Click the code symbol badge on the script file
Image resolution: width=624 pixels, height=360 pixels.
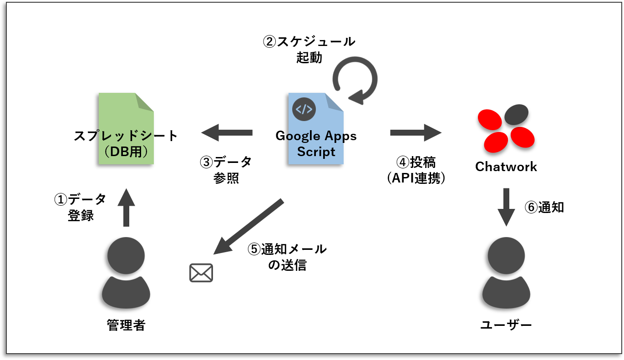pyautogui.click(x=304, y=109)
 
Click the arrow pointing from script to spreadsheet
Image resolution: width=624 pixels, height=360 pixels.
pyautogui.click(x=227, y=133)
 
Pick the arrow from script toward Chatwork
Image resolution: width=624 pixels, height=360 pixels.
pyautogui.click(x=416, y=133)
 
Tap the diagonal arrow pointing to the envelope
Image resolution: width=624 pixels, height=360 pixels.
pyautogui.click(x=249, y=226)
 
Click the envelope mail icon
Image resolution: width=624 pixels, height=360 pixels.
pyautogui.click(x=201, y=273)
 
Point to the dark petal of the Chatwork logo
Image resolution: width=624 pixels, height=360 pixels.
pyautogui.click(x=516, y=115)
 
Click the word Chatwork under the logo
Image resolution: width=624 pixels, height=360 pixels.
pyautogui.click(x=506, y=167)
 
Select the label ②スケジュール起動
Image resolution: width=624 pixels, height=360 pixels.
pyautogui.click(x=309, y=50)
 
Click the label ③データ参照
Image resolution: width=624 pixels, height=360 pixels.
pyautogui.click(x=226, y=170)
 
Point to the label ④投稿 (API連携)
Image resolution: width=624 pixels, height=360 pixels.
pyautogui.click(x=416, y=170)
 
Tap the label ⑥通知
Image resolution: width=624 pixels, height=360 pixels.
pyautogui.click(x=544, y=207)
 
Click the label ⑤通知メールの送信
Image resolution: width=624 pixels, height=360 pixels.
pyautogui.click(x=287, y=257)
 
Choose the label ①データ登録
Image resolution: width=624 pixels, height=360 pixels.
pyautogui.click(x=81, y=207)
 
